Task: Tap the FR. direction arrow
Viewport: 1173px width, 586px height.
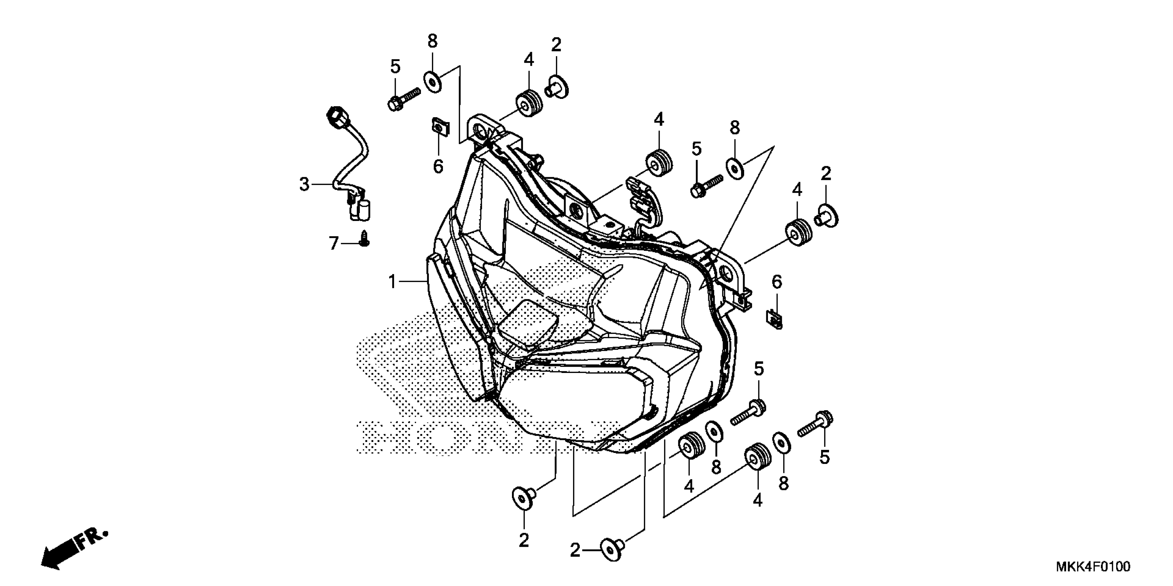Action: pos(73,549)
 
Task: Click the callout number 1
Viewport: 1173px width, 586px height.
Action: pos(392,282)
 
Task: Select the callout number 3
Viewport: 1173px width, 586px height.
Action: pos(304,185)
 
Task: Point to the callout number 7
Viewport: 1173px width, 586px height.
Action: pos(334,244)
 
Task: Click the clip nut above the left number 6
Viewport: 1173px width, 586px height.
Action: pos(438,126)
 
